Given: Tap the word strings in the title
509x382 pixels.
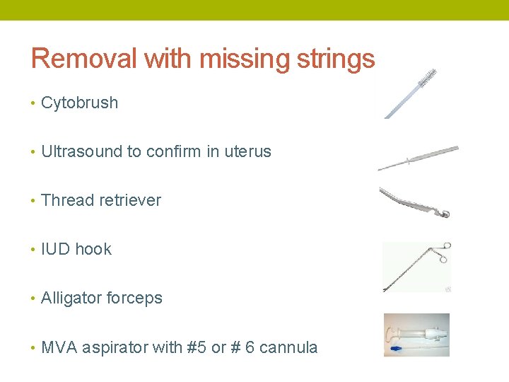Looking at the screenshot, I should coord(335,59).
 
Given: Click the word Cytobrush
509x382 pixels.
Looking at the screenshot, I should coord(79,103).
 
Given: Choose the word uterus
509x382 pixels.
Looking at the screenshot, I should coord(247,151).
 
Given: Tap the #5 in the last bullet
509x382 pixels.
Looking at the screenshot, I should coord(197,347).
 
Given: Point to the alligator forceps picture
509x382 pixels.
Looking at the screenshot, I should coord(416,267).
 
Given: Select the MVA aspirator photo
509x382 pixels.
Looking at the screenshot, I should coord(416,335).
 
